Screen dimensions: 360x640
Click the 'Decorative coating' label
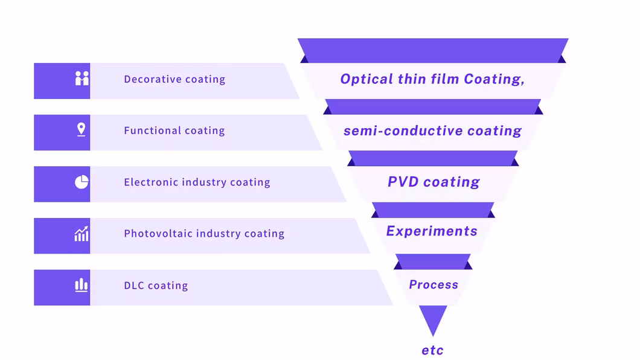point(174,79)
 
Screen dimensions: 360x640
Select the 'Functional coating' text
point(174,130)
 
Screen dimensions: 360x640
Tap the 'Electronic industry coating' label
point(197,182)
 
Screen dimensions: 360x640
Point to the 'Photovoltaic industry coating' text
point(204,234)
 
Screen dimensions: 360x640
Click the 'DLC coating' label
point(156,286)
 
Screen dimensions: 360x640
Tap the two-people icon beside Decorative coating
point(82,79)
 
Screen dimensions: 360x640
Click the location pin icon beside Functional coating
point(82,130)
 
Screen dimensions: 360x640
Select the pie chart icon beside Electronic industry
point(82,182)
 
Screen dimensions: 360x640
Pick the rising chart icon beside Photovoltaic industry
point(82,234)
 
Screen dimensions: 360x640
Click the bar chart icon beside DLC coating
point(82,285)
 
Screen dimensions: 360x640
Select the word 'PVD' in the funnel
point(403,182)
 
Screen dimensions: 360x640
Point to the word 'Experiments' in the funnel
point(432,231)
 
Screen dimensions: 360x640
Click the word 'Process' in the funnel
point(434,284)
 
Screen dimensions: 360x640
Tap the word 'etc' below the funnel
point(432,350)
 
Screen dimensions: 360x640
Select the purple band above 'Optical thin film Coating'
point(433,50)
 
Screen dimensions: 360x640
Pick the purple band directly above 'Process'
point(433,262)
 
